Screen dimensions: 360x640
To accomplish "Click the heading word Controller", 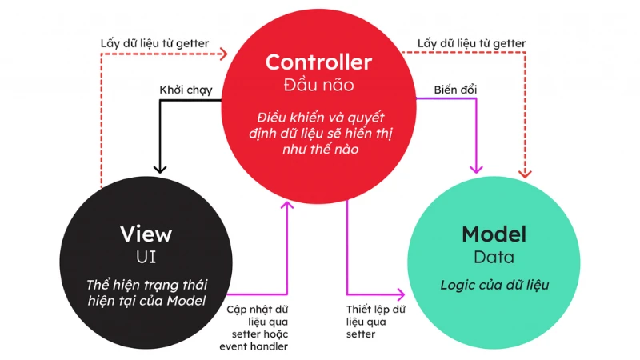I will pos(318,62).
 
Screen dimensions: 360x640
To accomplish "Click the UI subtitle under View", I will pos(146,257).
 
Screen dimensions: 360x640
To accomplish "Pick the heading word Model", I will pos(494,234).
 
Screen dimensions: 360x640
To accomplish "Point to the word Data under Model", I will pos(494,258).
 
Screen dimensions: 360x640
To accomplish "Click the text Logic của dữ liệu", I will pos(494,285).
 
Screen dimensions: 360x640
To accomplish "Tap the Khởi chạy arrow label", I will pos(186,90).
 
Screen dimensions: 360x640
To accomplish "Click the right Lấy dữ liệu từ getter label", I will pos(471,43).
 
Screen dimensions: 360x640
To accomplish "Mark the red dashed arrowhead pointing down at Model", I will pos(526,170).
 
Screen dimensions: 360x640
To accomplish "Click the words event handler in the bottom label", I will pos(254,346).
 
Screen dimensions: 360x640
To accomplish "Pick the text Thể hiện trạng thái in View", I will pos(146,286).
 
